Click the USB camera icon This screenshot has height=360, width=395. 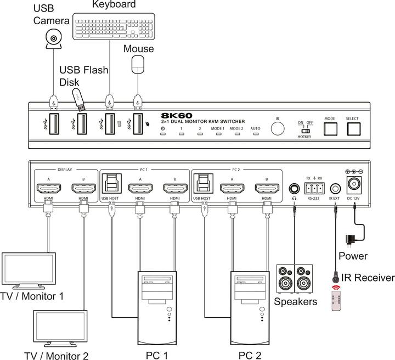(53, 39)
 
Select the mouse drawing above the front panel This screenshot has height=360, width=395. (137, 65)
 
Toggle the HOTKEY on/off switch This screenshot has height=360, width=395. (304, 131)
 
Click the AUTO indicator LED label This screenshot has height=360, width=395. (255, 128)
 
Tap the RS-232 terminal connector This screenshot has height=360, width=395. (314, 186)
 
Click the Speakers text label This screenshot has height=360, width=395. (295, 301)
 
